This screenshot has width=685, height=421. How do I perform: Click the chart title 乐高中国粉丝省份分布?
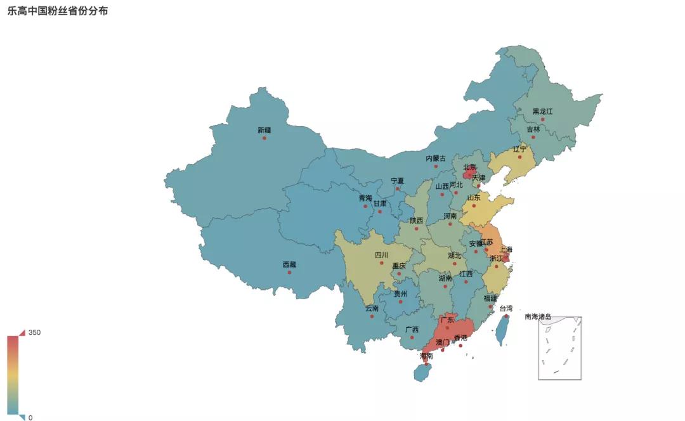pyautogui.click(x=58, y=11)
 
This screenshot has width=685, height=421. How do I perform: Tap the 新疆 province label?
pyautogui.click(x=264, y=130)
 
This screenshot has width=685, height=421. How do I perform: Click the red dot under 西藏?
pyautogui.click(x=289, y=273)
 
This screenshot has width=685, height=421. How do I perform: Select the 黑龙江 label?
pyautogui.click(x=542, y=112)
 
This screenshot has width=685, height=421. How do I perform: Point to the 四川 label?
pyautogui.click(x=381, y=255)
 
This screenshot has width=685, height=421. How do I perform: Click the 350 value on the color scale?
pyautogui.click(x=34, y=332)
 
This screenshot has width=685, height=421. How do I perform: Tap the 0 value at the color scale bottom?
pyautogui.click(x=30, y=417)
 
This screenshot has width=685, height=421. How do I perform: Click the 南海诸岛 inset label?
pyautogui.click(x=537, y=316)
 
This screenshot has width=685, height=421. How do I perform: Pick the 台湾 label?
pyautogui.click(x=506, y=308)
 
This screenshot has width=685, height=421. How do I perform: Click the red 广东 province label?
pyautogui.click(x=447, y=320)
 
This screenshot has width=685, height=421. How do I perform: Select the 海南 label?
pyautogui.click(x=426, y=356)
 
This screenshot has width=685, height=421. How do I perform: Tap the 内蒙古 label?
pyautogui.click(x=436, y=159)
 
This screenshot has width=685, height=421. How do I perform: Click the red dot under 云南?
pyautogui.click(x=372, y=316)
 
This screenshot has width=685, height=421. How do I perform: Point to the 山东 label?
pyautogui.click(x=474, y=198)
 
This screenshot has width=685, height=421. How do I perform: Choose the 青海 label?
pyautogui.click(x=365, y=198)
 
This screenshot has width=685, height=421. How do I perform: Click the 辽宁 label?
pyautogui.click(x=519, y=149)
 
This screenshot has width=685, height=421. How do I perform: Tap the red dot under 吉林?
pyautogui.click(x=533, y=137)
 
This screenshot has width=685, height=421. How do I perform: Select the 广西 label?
pyautogui.click(x=412, y=330)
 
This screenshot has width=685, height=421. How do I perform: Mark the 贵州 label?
pyautogui.click(x=400, y=294)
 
